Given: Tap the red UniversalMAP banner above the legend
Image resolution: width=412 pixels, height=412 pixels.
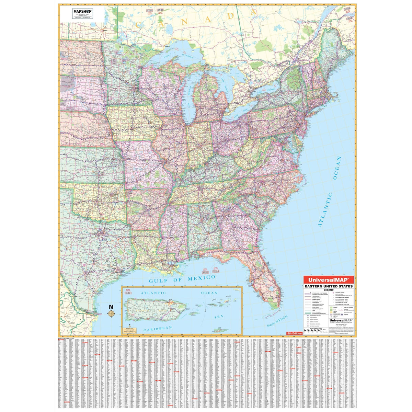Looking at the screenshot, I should [x=328, y=280].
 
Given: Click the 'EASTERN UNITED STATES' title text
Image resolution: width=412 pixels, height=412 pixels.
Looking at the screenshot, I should [x=328, y=286].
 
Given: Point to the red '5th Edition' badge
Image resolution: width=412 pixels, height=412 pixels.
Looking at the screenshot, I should [x=294, y=333].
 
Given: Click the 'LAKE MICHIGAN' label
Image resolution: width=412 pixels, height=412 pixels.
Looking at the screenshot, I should [x=188, y=94].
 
